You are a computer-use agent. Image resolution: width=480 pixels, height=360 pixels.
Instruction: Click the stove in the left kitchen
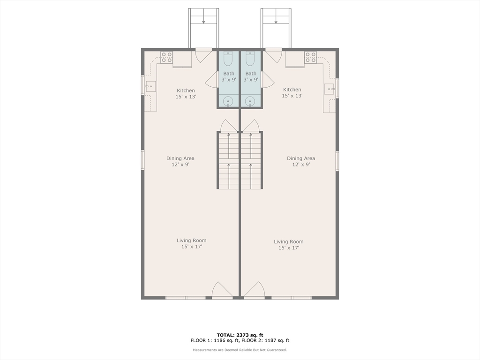(167, 57)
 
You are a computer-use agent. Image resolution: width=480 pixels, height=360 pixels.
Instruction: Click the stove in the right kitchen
(310, 57)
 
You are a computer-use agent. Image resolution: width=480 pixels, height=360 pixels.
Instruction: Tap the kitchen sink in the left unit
(150, 87)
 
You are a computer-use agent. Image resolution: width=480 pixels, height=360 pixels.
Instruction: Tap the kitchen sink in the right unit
(330, 89)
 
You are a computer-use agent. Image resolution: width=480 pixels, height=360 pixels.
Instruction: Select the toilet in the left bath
(228, 59)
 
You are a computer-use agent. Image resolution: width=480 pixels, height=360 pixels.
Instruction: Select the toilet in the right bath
(250, 59)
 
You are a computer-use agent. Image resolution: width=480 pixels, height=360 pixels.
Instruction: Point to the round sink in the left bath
(228, 101)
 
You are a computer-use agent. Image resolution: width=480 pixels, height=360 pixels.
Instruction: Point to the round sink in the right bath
(250, 101)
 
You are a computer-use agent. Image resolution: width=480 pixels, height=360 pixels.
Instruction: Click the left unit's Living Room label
(192, 240)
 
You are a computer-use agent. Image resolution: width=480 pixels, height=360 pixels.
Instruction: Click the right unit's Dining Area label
(301, 158)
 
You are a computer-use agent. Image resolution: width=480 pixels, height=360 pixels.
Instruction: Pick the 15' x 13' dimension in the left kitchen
(186, 97)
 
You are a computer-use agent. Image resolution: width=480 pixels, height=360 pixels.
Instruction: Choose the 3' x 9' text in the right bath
(251, 80)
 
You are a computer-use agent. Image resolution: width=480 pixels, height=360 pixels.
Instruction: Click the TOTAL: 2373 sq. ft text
(240, 335)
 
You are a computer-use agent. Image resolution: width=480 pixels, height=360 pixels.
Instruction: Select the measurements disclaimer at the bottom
(240, 350)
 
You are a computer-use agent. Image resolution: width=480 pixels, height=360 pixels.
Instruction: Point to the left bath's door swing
(211, 80)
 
